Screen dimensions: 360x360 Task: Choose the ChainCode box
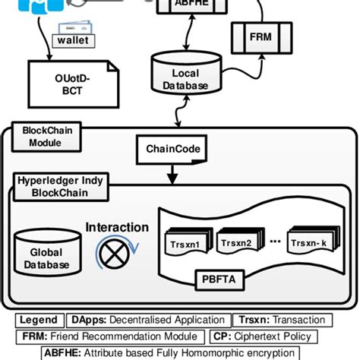click(169, 149)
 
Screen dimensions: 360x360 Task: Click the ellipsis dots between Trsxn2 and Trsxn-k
click(274, 242)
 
